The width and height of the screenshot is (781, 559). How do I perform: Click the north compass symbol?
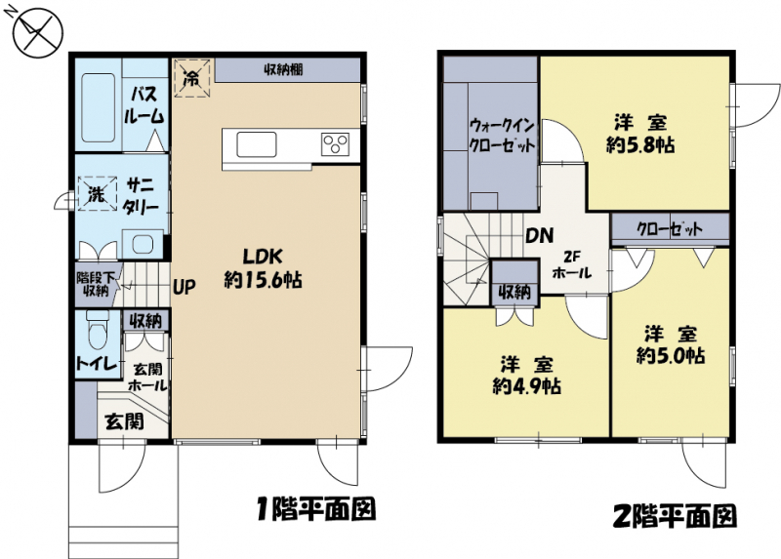(x=36, y=31)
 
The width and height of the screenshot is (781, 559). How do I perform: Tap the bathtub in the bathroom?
(x=99, y=108)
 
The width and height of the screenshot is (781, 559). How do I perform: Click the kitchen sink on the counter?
(x=257, y=144)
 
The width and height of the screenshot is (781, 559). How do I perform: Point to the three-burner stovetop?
(x=335, y=144)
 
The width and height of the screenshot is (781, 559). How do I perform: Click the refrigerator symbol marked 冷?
(x=191, y=78)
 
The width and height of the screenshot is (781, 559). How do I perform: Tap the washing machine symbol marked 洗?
(x=97, y=193)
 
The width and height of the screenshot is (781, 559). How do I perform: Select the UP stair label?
(x=185, y=286)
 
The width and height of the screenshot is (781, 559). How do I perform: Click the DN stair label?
(x=540, y=235)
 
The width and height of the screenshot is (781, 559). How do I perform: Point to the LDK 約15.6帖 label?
(x=263, y=268)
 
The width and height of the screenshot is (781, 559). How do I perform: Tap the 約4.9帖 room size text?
(x=527, y=385)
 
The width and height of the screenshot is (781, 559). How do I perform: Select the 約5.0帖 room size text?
(x=671, y=355)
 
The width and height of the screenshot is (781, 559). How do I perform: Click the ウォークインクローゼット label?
(x=503, y=135)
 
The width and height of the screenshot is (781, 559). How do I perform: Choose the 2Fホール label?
(x=572, y=264)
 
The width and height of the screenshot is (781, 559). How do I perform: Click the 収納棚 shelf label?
(x=283, y=69)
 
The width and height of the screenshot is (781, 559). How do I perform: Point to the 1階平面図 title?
(x=315, y=509)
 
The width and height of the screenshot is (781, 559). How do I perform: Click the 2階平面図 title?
(x=676, y=516)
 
